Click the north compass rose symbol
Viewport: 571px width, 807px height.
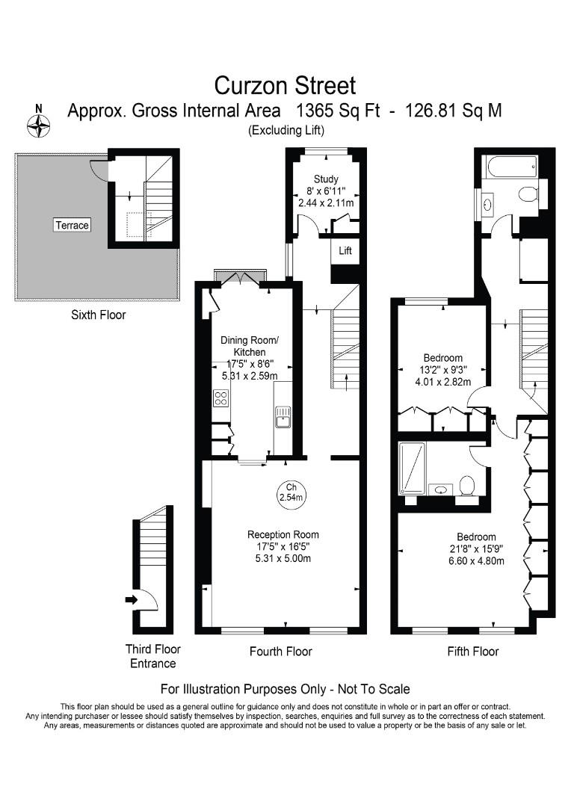[x=39, y=126]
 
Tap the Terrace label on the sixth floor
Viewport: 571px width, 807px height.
[x=72, y=225]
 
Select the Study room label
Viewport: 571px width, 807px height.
[x=326, y=179]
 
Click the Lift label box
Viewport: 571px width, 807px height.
[x=345, y=250]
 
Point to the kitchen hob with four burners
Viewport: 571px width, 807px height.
[x=221, y=398]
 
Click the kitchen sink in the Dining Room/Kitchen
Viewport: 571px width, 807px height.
[x=283, y=417]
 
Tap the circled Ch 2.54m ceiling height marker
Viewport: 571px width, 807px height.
[x=291, y=492]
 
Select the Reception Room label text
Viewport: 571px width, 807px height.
[x=283, y=535]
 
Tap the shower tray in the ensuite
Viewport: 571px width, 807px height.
[x=412, y=469]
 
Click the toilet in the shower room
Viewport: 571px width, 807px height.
[x=467, y=485]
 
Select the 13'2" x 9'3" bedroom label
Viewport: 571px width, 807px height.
[x=443, y=370]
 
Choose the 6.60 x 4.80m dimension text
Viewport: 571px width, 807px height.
[x=476, y=561]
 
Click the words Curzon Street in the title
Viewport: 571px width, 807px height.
[x=285, y=85]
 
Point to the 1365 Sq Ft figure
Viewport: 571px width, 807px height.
[x=339, y=111]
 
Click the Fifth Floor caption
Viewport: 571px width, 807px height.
[x=472, y=652]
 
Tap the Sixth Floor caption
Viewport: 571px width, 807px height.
[x=99, y=315]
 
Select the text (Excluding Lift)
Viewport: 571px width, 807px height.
[x=286, y=130]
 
